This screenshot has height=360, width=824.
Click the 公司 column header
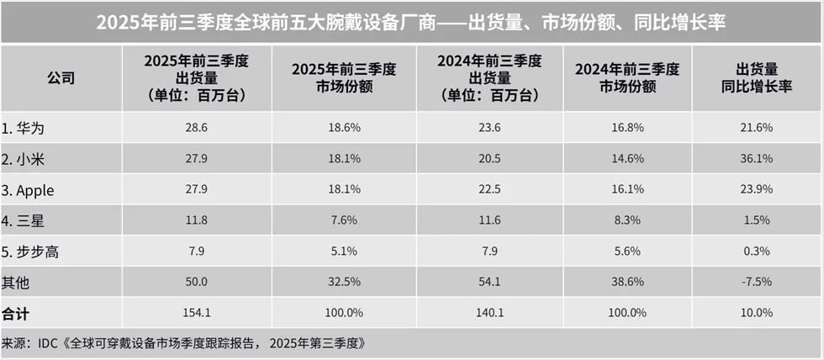pyautogui.click(x=61, y=78)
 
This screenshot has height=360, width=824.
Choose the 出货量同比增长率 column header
pyautogui.click(x=757, y=78)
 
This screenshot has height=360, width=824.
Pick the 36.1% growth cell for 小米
pyautogui.click(x=757, y=158)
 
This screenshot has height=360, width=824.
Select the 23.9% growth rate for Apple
pyautogui.click(x=757, y=190)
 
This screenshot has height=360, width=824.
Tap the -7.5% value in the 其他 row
pyautogui.click(x=757, y=282)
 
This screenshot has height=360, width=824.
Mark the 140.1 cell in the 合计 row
pyautogui.click(x=489, y=312)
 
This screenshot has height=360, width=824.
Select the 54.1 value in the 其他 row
pyautogui.click(x=489, y=282)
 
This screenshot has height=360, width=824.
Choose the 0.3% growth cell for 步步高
pyautogui.click(x=757, y=252)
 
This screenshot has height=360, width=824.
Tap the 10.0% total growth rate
pyautogui.click(x=757, y=312)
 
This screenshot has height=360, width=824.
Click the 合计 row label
pyautogui.click(x=14, y=312)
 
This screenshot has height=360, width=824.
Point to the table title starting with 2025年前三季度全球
pyautogui.click(x=411, y=22)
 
